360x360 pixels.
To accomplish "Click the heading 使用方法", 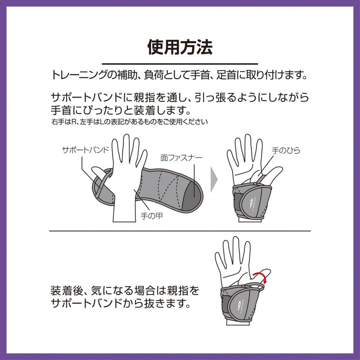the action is click(180, 47).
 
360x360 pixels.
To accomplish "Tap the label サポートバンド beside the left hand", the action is click(85, 150).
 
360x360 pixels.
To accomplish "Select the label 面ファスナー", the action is click(181, 158).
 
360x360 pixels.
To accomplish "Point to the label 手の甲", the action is click(152, 216).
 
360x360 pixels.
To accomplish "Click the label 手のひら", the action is click(286, 151).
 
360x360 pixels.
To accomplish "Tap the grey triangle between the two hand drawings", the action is click(214, 179).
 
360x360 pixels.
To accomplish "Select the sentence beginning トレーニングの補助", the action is click(180, 75).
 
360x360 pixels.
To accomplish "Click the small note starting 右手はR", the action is click(130, 122).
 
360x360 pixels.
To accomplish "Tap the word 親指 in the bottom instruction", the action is click(178, 290).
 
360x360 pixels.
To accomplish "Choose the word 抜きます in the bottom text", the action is click(167, 303).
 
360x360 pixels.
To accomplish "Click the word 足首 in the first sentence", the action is click(226, 75).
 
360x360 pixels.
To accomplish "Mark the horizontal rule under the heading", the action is click(180, 64).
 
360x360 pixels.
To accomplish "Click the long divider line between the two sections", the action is click(180, 231).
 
